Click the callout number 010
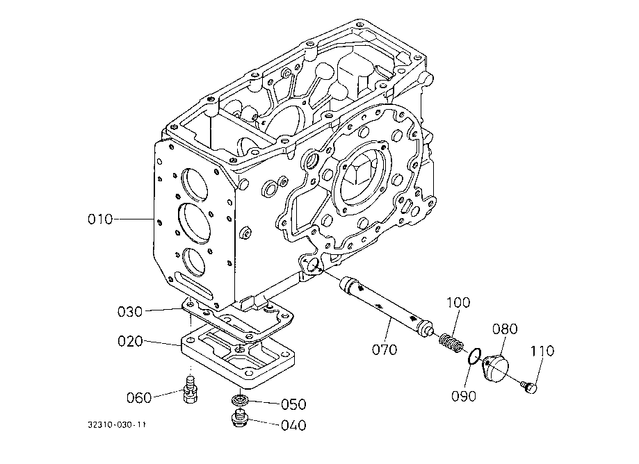100,219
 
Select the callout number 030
130,312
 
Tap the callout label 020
130,341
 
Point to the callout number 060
139,397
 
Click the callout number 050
293,404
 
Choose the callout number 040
293,425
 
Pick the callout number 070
385,349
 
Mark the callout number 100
458,302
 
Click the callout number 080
505,329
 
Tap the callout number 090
464,396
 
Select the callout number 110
542,351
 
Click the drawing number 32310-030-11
117,425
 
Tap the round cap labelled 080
496,368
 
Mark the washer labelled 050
241,399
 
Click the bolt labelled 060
191,390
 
